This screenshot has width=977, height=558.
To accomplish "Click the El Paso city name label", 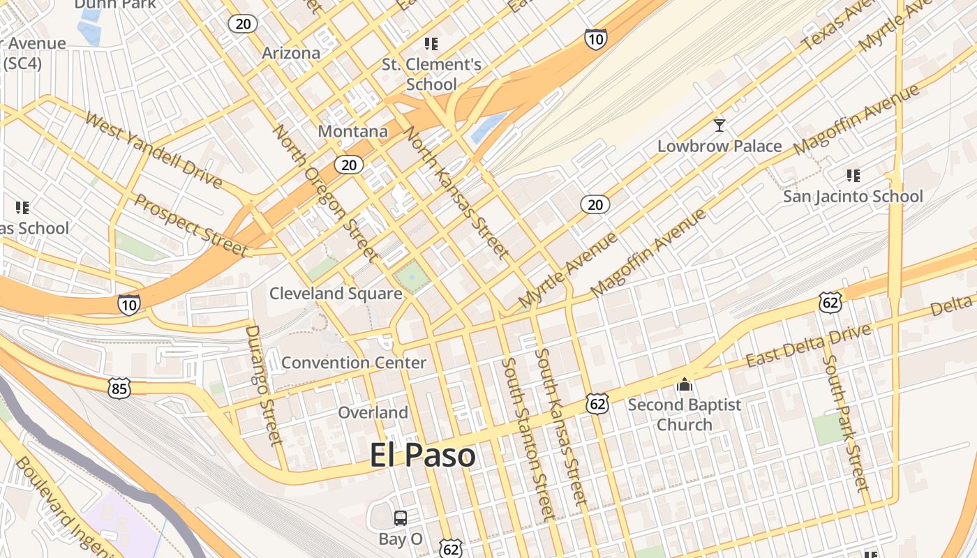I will [x=422, y=455].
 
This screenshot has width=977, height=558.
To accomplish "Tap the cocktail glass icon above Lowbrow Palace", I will [x=719, y=126].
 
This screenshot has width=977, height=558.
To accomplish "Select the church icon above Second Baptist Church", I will [x=684, y=384].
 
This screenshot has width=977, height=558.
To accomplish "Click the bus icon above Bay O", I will [x=401, y=518].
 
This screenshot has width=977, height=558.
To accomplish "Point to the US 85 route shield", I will [x=119, y=388].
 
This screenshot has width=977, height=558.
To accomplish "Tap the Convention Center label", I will [x=353, y=363].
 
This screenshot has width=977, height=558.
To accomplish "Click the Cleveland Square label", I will [x=336, y=294].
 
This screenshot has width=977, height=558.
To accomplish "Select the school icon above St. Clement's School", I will [x=431, y=45].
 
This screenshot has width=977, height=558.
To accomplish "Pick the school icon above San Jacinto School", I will [x=852, y=175].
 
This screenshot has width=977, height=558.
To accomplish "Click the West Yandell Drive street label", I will [x=154, y=149].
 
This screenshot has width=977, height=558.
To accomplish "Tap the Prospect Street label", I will [x=191, y=225].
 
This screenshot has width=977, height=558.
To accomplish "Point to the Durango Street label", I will [x=264, y=384].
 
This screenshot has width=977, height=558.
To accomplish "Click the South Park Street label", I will [x=845, y=423].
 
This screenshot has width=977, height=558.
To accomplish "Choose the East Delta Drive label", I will [x=808, y=347].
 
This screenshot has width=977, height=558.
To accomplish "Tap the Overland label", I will [x=373, y=412].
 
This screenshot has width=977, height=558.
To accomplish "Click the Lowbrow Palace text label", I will [x=719, y=146].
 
